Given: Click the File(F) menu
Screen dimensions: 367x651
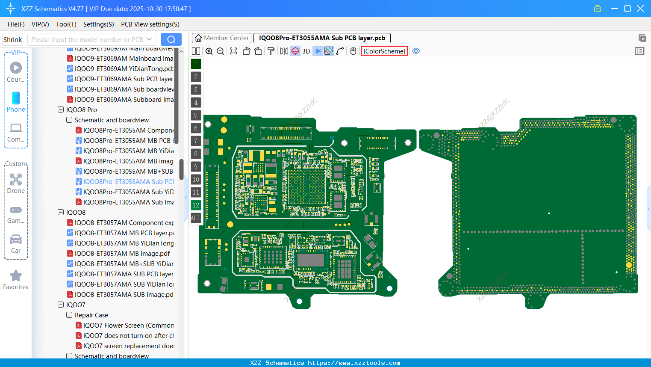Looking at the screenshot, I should pyautogui.click(x=16, y=24).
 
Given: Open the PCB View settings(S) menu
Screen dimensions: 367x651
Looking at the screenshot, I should pyautogui.click(x=150, y=24).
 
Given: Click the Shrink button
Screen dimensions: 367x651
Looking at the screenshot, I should pyautogui.click(x=12, y=40).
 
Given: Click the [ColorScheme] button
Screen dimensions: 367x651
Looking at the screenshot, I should pyautogui.click(x=384, y=51).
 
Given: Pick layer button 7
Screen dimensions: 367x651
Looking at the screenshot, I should pyautogui.click(x=196, y=141).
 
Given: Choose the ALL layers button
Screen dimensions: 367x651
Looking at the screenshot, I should pyautogui.click(x=196, y=218).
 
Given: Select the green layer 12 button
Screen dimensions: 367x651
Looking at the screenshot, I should pyautogui.click(x=196, y=205).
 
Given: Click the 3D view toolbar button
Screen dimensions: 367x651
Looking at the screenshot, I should pyautogui.click(x=306, y=51).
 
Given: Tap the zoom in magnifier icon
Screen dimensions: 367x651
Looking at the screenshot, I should pyautogui.click(x=209, y=51).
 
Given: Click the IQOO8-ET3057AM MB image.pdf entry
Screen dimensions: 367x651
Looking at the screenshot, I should pyautogui.click(x=122, y=254).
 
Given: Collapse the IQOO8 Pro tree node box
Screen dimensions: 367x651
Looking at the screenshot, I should pyautogui.click(x=61, y=110).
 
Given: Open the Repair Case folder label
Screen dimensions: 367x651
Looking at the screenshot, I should pyautogui.click(x=91, y=315).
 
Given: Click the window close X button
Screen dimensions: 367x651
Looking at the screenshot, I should pyautogui.click(x=640, y=9).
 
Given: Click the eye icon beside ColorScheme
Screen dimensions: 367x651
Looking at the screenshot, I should pyautogui.click(x=416, y=51).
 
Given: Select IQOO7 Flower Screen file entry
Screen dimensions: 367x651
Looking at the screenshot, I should pyautogui.click(x=128, y=326).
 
